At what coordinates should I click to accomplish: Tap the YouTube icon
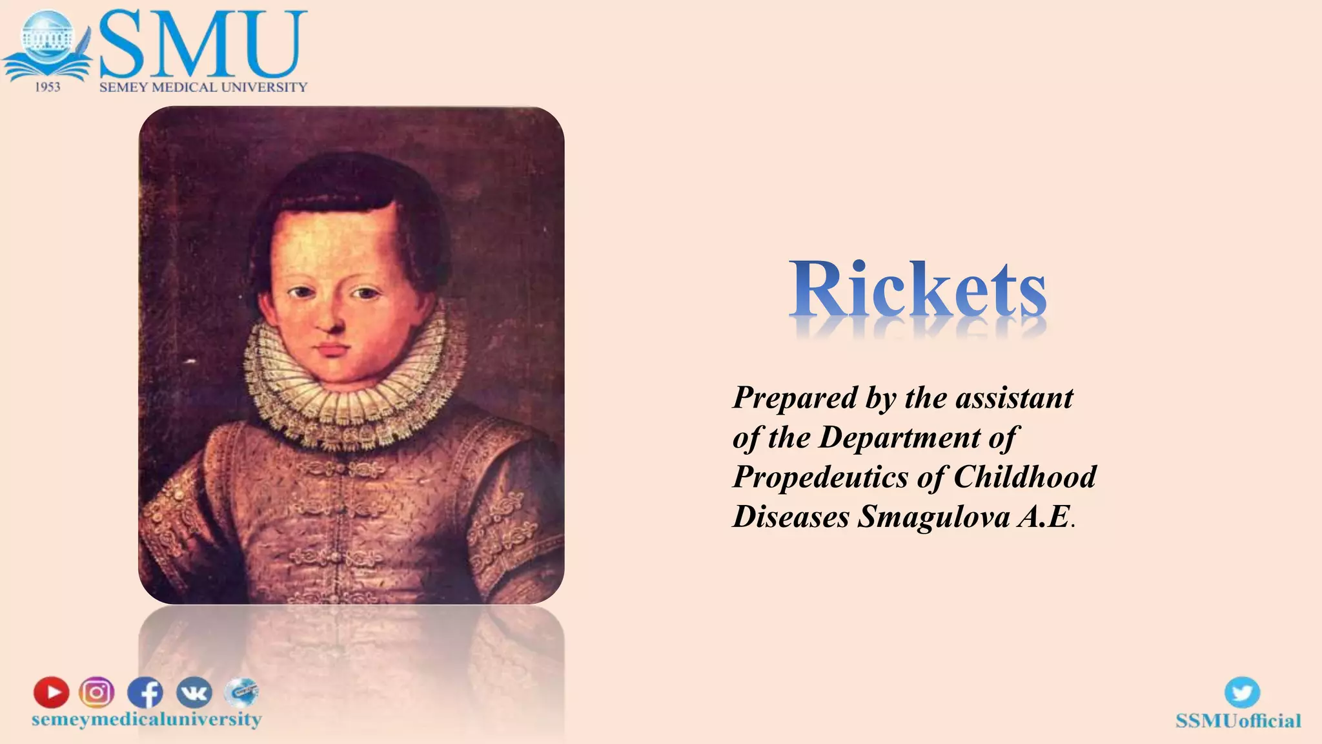[52, 692]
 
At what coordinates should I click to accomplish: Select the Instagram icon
[97, 692]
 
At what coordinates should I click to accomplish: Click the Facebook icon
[145, 693]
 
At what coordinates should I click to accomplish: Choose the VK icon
[194, 693]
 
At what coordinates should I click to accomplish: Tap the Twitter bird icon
[1242, 693]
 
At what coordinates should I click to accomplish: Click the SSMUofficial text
[1238, 721]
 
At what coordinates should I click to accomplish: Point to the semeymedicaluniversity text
[147, 719]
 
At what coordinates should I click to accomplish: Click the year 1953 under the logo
[47, 87]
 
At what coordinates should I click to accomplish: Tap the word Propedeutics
[820, 478]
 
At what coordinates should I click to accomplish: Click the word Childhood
[1024, 477]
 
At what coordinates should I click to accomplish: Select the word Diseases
[790, 517]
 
